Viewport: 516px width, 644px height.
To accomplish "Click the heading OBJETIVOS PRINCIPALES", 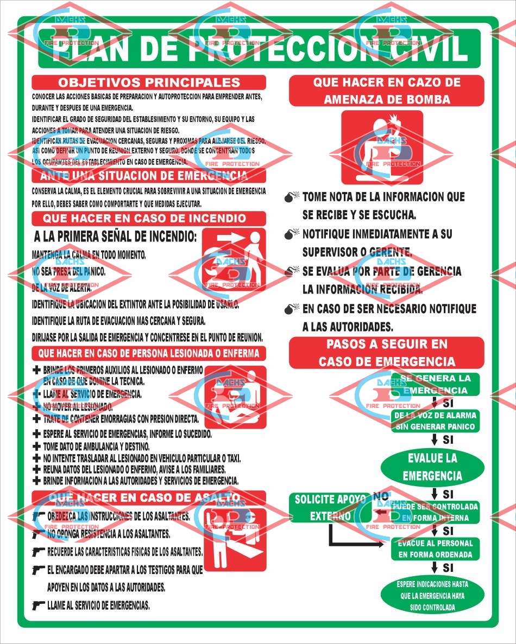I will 149,82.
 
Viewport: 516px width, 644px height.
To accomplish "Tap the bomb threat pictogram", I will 382,148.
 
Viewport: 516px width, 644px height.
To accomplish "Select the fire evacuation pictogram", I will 234,258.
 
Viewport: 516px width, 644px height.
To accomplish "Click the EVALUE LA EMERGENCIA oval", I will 432,467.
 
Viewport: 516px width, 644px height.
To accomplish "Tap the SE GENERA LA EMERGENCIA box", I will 435,384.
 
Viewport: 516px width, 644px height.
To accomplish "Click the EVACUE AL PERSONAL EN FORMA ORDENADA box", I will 435,549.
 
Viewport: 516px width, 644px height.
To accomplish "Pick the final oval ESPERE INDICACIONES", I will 432,596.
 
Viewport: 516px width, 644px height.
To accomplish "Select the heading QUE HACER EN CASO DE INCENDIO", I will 149,219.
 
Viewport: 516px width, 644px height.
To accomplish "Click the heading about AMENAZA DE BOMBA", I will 386,91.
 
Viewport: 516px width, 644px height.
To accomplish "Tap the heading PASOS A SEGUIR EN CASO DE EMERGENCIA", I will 386,353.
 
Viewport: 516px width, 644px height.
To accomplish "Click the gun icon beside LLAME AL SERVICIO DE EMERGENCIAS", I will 38,605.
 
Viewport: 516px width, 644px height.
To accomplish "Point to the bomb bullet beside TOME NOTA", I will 292,197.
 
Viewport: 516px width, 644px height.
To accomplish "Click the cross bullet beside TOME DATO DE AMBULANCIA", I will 36,447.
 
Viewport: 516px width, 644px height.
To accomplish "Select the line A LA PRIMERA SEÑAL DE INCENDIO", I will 115,237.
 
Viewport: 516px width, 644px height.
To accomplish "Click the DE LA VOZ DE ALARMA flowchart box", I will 435,421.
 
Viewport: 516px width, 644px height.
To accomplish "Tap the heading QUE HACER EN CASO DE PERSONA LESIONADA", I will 149,354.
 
